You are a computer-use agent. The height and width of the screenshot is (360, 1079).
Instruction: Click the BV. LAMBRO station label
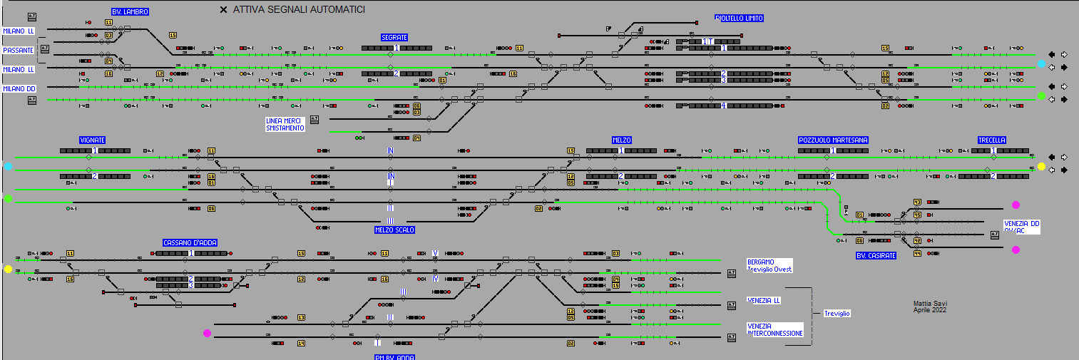click(130, 11)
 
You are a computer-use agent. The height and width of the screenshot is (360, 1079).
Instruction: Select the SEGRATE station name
click(394, 37)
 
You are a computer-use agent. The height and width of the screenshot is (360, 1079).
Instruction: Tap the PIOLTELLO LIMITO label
click(739, 19)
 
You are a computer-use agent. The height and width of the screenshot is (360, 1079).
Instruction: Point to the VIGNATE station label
click(93, 140)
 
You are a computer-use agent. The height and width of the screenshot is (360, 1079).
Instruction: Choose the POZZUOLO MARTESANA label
click(833, 140)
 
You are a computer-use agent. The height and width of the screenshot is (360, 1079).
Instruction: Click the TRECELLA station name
click(992, 140)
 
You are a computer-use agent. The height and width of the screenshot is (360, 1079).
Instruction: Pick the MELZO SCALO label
click(394, 230)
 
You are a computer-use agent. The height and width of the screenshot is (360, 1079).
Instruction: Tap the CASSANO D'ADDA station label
click(185, 243)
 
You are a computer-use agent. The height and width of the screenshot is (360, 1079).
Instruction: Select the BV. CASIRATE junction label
click(876, 255)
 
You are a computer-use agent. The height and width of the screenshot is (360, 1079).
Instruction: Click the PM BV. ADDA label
click(394, 357)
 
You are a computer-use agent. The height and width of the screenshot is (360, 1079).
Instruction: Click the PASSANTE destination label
click(18, 51)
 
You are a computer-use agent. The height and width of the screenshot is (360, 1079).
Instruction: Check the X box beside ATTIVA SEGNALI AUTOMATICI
click(224, 10)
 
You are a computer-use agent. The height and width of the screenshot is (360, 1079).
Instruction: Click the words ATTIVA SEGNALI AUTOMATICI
click(299, 10)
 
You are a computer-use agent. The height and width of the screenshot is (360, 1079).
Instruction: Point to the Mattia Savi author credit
click(930, 307)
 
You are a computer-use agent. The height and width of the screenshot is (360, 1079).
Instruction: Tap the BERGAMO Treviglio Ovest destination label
click(769, 265)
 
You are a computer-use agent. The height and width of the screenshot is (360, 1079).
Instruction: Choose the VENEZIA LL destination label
click(764, 300)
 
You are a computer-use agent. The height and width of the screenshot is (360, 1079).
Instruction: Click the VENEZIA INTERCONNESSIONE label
click(775, 329)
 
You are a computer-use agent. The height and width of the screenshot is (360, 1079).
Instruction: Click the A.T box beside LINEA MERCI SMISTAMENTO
click(315, 119)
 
